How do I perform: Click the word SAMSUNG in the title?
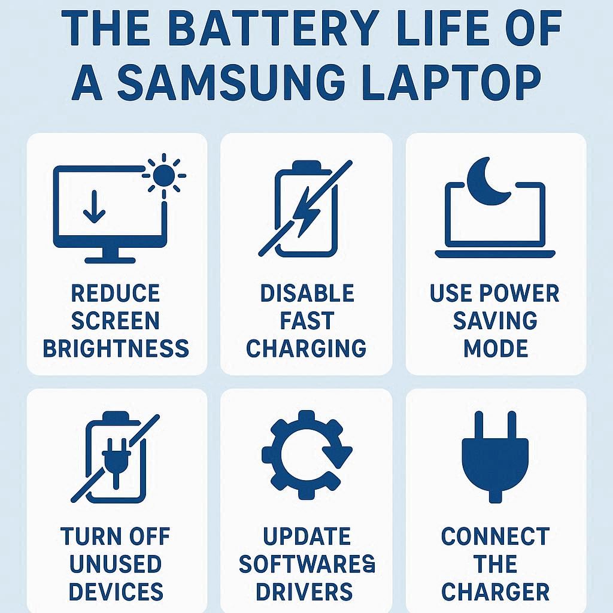[230, 83]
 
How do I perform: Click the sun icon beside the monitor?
[164, 175]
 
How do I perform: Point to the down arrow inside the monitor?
[94, 207]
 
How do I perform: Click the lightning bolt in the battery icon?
[306, 213]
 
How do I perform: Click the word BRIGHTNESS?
[116, 348]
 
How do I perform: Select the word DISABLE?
[307, 293]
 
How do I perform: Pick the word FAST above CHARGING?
[307, 321]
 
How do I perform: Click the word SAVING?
[495, 321]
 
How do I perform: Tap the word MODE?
[496, 348]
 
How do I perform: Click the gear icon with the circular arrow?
[306, 455]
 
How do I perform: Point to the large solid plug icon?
[495, 457]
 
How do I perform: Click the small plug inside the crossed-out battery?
[116, 462]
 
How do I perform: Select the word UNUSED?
[116, 564]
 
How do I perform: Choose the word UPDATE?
[306, 536]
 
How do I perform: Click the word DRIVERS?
[304, 591]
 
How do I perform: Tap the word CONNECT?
[495, 536]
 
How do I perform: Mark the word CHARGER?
[495, 591]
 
